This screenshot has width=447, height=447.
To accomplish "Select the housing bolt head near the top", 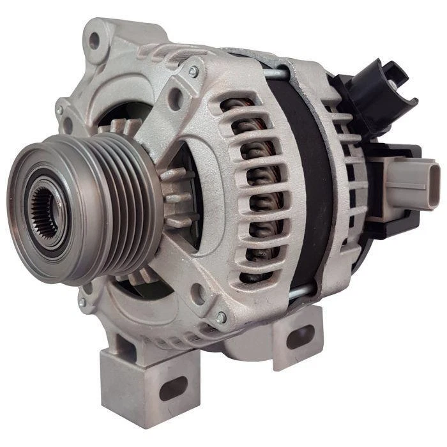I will point(193,72).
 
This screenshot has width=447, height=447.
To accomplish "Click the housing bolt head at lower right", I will point(221,317).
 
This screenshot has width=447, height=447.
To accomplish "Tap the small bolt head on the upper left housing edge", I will point(59,110).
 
